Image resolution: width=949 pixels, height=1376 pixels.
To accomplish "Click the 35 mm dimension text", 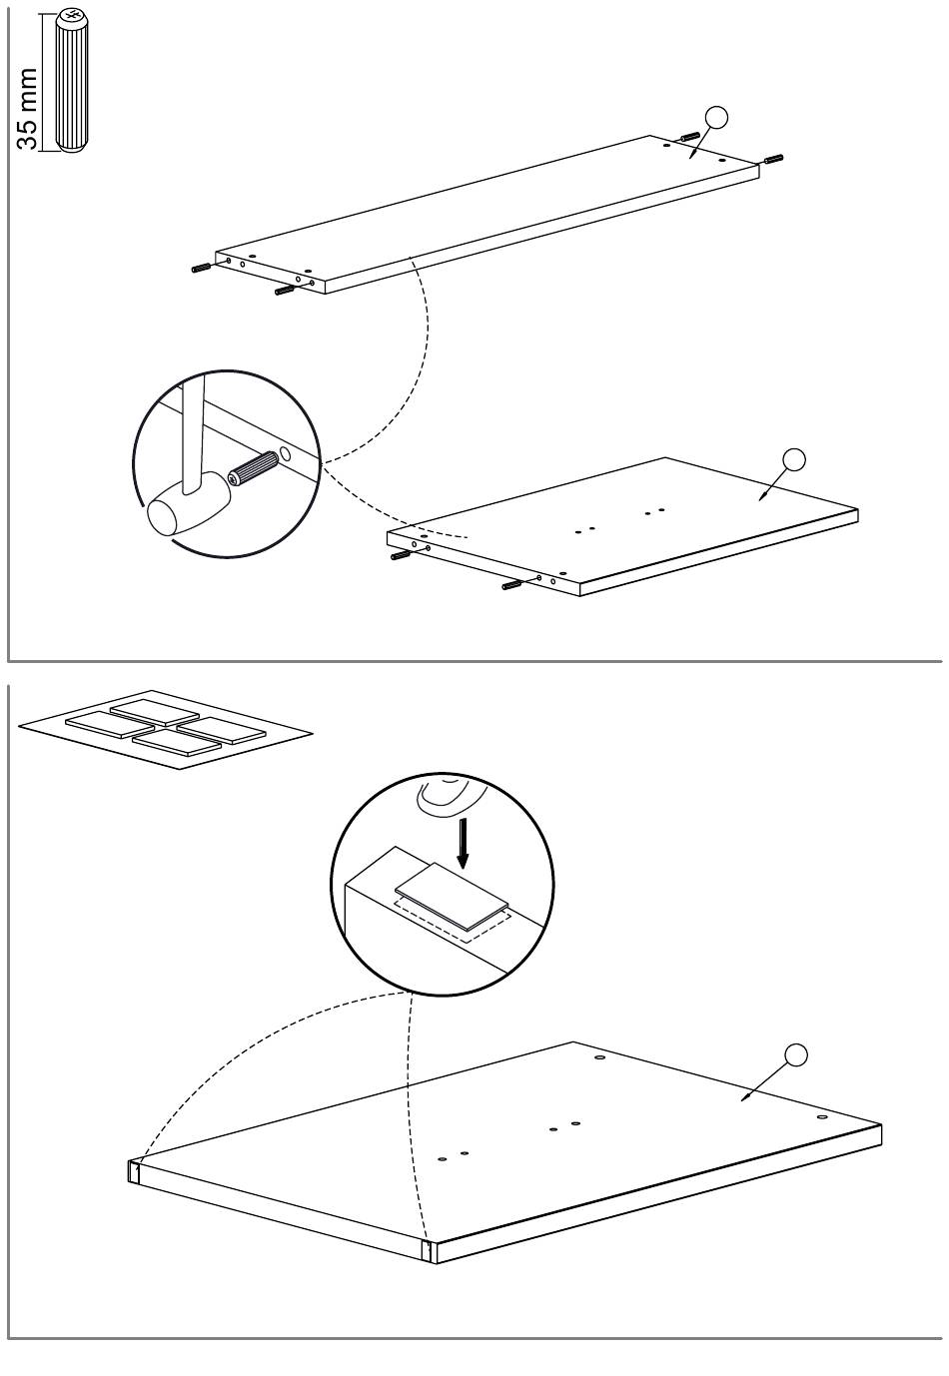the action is click(27, 109).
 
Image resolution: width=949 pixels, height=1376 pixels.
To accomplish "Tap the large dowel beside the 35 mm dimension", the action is click(73, 81).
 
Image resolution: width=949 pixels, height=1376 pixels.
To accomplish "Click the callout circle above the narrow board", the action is click(716, 117).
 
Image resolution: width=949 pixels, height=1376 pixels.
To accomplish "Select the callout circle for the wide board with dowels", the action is click(793, 459).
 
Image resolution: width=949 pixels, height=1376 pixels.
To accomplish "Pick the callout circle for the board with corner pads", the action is click(796, 1055).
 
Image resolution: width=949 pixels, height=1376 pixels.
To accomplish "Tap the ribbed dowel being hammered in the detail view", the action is click(252, 468).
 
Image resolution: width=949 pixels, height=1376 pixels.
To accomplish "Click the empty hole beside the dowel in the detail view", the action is click(285, 454).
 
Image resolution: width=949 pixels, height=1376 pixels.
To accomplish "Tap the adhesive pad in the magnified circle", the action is click(453, 898).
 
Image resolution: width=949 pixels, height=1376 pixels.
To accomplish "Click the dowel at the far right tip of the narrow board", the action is click(774, 159).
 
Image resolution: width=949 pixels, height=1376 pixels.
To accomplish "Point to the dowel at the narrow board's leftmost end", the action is click(201, 268).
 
